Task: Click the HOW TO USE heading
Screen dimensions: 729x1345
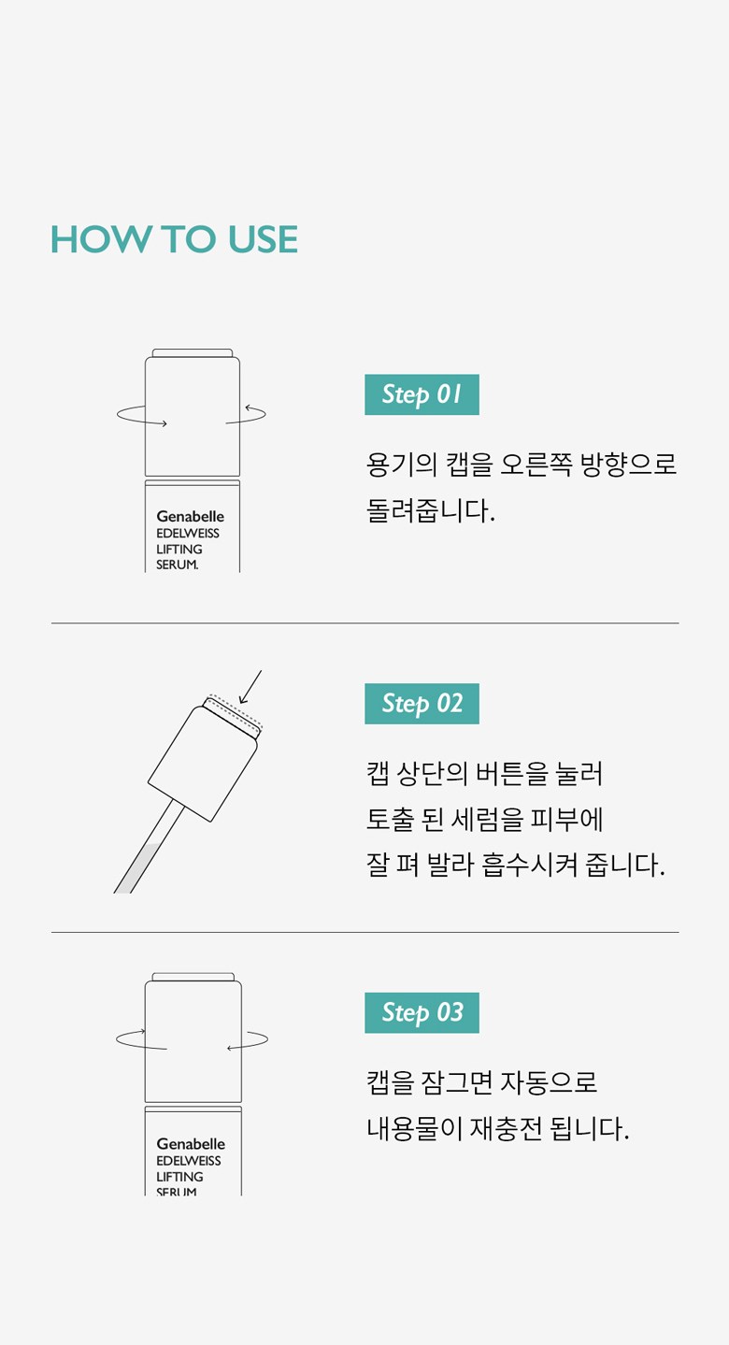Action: click(174, 239)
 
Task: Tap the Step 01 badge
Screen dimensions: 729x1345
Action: click(422, 394)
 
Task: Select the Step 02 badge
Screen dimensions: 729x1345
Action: click(422, 703)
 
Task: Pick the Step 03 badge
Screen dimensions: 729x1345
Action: click(422, 1012)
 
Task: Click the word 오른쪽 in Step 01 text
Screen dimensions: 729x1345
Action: click(536, 465)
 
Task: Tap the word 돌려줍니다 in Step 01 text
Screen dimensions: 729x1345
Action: click(431, 510)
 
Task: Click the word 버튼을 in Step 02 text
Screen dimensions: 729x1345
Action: click(511, 773)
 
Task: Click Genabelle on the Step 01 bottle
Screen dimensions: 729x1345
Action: click(191, 516)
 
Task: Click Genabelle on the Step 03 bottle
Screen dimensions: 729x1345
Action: click(191, 1144)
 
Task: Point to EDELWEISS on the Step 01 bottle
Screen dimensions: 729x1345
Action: click(188, 533)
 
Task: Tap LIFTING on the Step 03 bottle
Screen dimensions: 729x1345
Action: click(179, 1176)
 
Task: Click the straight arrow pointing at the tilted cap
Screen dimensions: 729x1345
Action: click(250, 687)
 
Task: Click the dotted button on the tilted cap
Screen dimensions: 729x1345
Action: click(233, 713)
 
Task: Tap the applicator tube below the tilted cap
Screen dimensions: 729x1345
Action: click(150, 847)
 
